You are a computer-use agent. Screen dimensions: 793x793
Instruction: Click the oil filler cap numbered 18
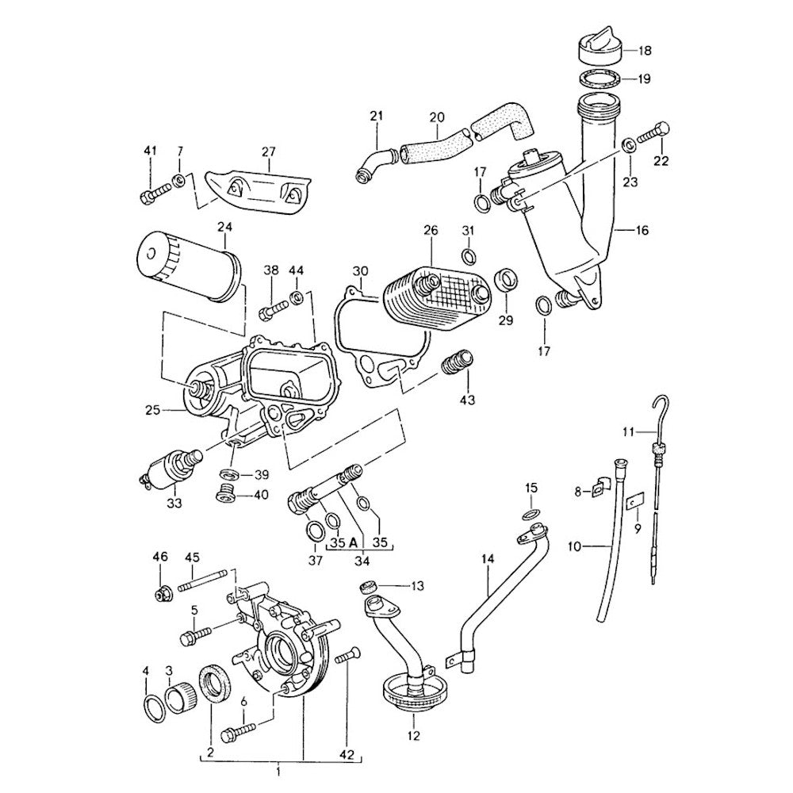[x=596, y=50]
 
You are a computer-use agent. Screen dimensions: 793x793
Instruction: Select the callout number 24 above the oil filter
[x=225, y=227]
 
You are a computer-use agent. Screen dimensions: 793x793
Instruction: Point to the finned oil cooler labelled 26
[x=435, y=297]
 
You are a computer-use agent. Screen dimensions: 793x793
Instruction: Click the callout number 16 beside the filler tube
[x=642, y=231]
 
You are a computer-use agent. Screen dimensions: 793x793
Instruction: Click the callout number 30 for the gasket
[x=361, y=271]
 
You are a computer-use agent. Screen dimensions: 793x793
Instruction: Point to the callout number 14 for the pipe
[x=487, y=560]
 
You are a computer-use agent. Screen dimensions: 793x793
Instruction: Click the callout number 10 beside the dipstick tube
[x=575, y=546]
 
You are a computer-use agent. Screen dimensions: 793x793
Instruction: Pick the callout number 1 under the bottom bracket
[x=278, y=770]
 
